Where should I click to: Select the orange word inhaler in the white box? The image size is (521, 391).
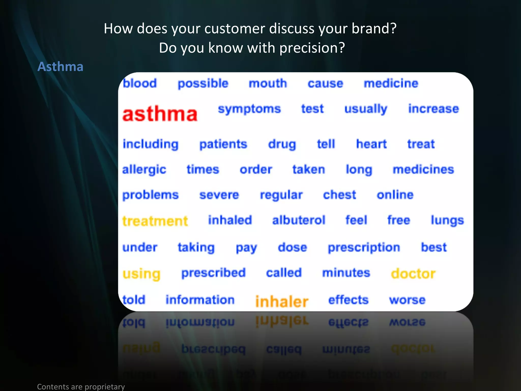coord(282,302)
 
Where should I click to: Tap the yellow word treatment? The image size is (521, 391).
coord(155,221)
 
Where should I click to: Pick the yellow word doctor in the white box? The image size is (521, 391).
coord(413,274)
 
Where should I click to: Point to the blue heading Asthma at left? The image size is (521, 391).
coord(60,67)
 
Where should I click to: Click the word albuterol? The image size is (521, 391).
coord(299,220)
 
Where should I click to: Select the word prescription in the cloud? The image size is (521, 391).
coord(364,248)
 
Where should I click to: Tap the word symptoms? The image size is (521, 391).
coord(249,109)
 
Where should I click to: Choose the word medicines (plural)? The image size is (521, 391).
coord(423,170)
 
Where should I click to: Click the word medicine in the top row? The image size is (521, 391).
coord(391,83)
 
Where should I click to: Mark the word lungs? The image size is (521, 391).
coord(447,221)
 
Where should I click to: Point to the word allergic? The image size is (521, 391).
coord(144,170)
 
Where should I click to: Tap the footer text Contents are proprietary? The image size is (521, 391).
coord(81,386)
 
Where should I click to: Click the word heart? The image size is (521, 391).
coord(371,144)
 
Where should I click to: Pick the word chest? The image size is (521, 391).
coord(339,195)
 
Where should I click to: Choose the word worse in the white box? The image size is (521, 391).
coord(407,300)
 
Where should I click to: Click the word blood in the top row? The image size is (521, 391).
coord(140,83)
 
